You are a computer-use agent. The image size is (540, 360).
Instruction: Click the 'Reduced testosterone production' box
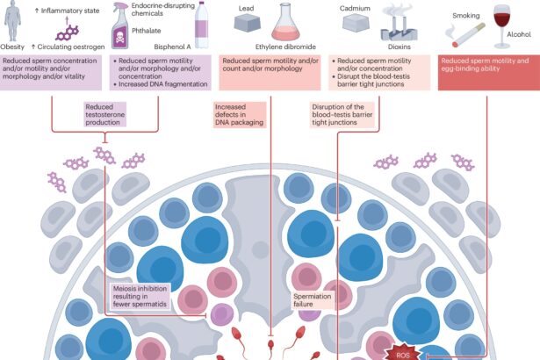(x=107, y=116)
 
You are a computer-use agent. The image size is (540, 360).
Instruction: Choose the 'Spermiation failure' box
(x=312, y=301)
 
